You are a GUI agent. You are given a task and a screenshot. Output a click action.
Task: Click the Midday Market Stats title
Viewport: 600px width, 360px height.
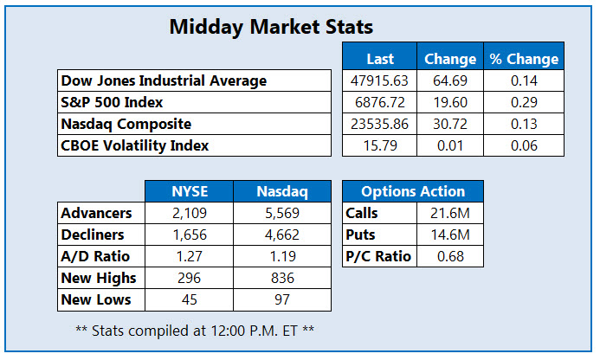tap(271, 27)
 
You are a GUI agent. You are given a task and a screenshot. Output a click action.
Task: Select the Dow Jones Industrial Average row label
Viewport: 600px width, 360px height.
tap(164, 80)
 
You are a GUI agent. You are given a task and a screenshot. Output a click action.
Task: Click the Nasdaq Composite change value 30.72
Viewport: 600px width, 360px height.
tap(449, 124)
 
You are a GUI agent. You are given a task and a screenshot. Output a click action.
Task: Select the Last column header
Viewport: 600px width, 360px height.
tap(380, 59)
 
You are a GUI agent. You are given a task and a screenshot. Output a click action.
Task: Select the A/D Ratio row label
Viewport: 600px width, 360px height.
tap(95, 256)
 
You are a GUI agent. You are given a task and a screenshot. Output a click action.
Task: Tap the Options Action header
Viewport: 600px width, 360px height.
tap(412, 191)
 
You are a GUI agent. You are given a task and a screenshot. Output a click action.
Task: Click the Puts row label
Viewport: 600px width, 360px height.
tap(361, 235)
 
